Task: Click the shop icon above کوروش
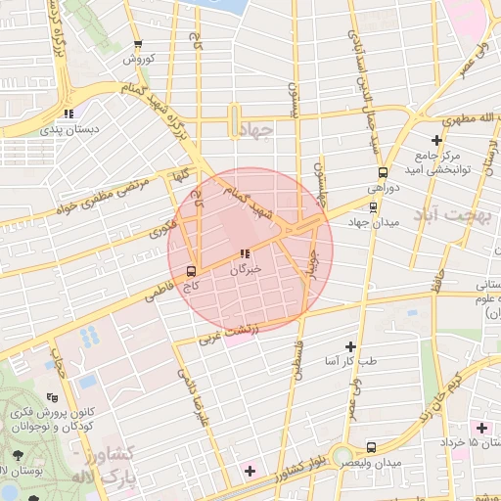pos(138,44)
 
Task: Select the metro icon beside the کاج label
pos(190,271)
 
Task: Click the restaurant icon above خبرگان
pos(244,253)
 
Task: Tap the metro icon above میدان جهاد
pos(372,206)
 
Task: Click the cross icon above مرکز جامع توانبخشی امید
pos(436,140)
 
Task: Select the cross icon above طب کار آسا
pos(350,346)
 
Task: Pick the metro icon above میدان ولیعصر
pos(370,446)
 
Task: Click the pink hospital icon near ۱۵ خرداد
pos(479,428)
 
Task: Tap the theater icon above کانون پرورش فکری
pos(52,398)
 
